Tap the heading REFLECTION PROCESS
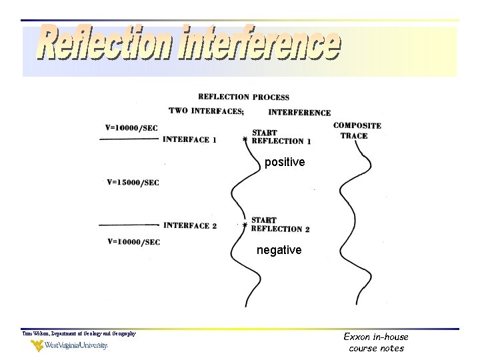[243, 97]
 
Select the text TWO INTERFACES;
[206, 111]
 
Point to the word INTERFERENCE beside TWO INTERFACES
[299, 113]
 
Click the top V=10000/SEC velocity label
[132, 127]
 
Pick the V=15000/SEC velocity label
[133, 182]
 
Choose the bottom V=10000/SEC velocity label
[133, 241]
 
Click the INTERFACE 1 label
[189, 139]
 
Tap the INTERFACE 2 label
[190, 225]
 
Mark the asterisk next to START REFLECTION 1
[245, 140]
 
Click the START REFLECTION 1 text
[281, 137]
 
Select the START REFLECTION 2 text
[280, 225]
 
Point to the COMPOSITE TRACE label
[357, 130]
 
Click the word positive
[285, 162]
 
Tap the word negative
[279, 250]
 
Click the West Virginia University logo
[69, 345]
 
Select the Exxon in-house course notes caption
[376, 343]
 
